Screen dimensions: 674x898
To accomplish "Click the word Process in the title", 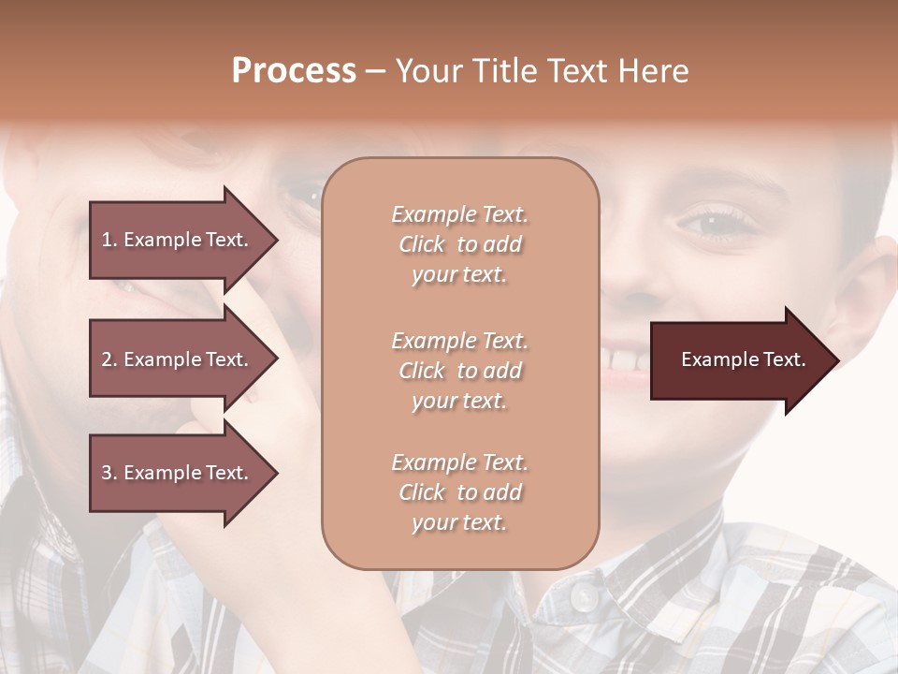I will pos(294,71).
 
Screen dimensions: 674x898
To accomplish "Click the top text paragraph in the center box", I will pos(459,244).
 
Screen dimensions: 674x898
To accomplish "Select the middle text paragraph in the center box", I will pos(459,371).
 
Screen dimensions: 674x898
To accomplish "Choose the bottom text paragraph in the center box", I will pos(459,492).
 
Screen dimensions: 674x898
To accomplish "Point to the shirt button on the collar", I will pos(583,596).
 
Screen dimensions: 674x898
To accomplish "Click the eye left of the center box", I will pos(304,195).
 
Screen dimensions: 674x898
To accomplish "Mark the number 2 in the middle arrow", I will pos(106,359).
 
